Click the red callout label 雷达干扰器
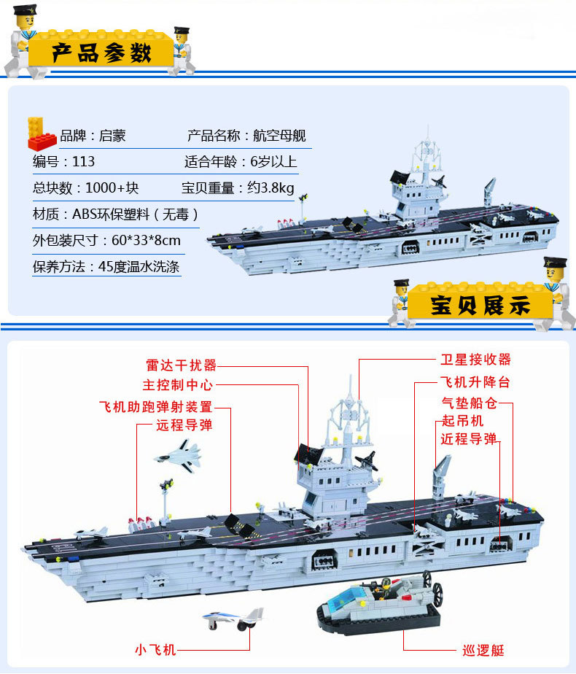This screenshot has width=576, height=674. [181, 365]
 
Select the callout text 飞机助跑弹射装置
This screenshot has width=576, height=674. [155, 406]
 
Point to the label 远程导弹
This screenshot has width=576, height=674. [184, 425]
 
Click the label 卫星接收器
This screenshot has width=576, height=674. [476, 360]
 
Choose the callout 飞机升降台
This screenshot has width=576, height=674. [475, 382]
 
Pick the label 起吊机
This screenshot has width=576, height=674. [462, 421]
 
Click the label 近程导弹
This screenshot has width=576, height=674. [469, 439]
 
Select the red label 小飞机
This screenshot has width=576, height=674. [155, 649]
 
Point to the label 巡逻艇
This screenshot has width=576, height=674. [483, 650]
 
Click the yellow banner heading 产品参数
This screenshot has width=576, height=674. [102, 53]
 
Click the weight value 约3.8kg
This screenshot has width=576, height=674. [270, 188]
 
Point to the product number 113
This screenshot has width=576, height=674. [84, 161]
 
